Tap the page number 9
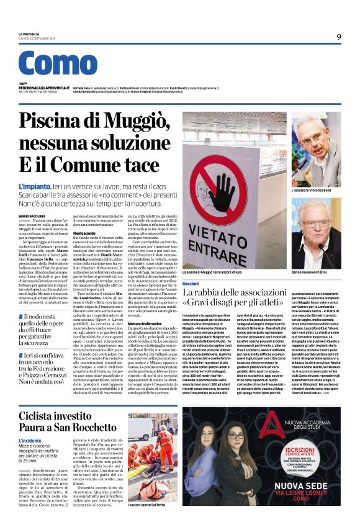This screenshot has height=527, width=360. [339, 37]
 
